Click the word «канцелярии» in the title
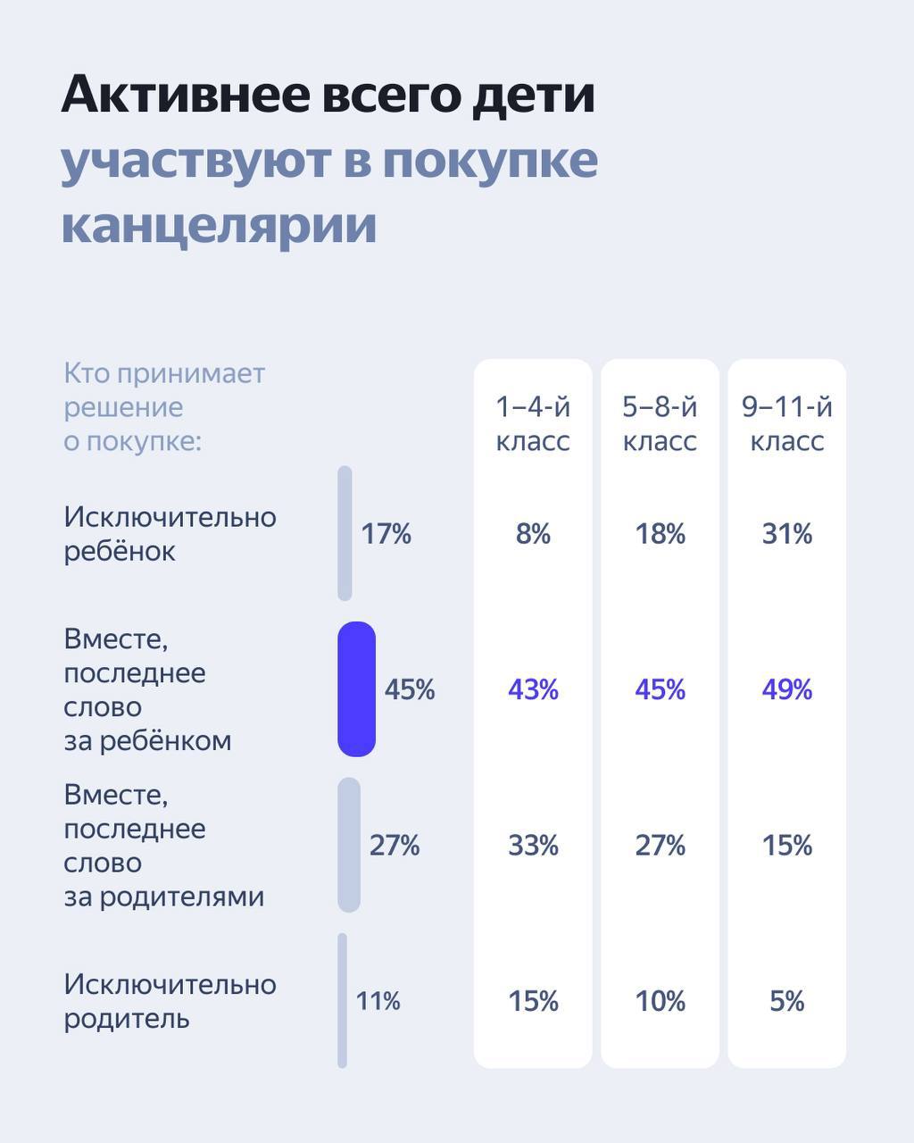pyautogui.click(x=219, y=224)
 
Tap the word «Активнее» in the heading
pyautogui.click(x=184, y=95)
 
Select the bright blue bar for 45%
pyautogui.click(x=356, y=689)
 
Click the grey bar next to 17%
pyautogui.click(x=345, y=533)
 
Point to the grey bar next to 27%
pyautogui.click(x=349, y=845)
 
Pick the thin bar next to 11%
pyautogui.click(x=342, y=1000)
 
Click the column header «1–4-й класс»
pyautogui.click(x=533, y=424)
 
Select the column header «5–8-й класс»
pyautogui.click(x=660, y=424)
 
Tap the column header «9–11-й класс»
pyautogui.click(x=786, y=424)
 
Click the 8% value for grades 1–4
pyautogui.click(x=533, y=534)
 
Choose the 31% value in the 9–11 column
pyautogui.click(x=786, y=534)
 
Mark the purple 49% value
pyautogui.click(x=786, y=689)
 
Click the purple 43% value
pyautogui.click(x=533, y=689)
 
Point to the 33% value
pyautogui.click(x=533, y=845)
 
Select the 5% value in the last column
pyautogui.click(x=786, y=1001)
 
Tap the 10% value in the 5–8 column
pyautogui.click(x=660, y=1001)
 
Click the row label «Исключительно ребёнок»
pyautogui.click(x=170, y=534)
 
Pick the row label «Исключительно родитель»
pyautogui.click(x=170, y=1001)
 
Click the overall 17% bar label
pyautogui.click(x=386, y=534)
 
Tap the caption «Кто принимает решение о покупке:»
pyautogui.click(x=164, y=407)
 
